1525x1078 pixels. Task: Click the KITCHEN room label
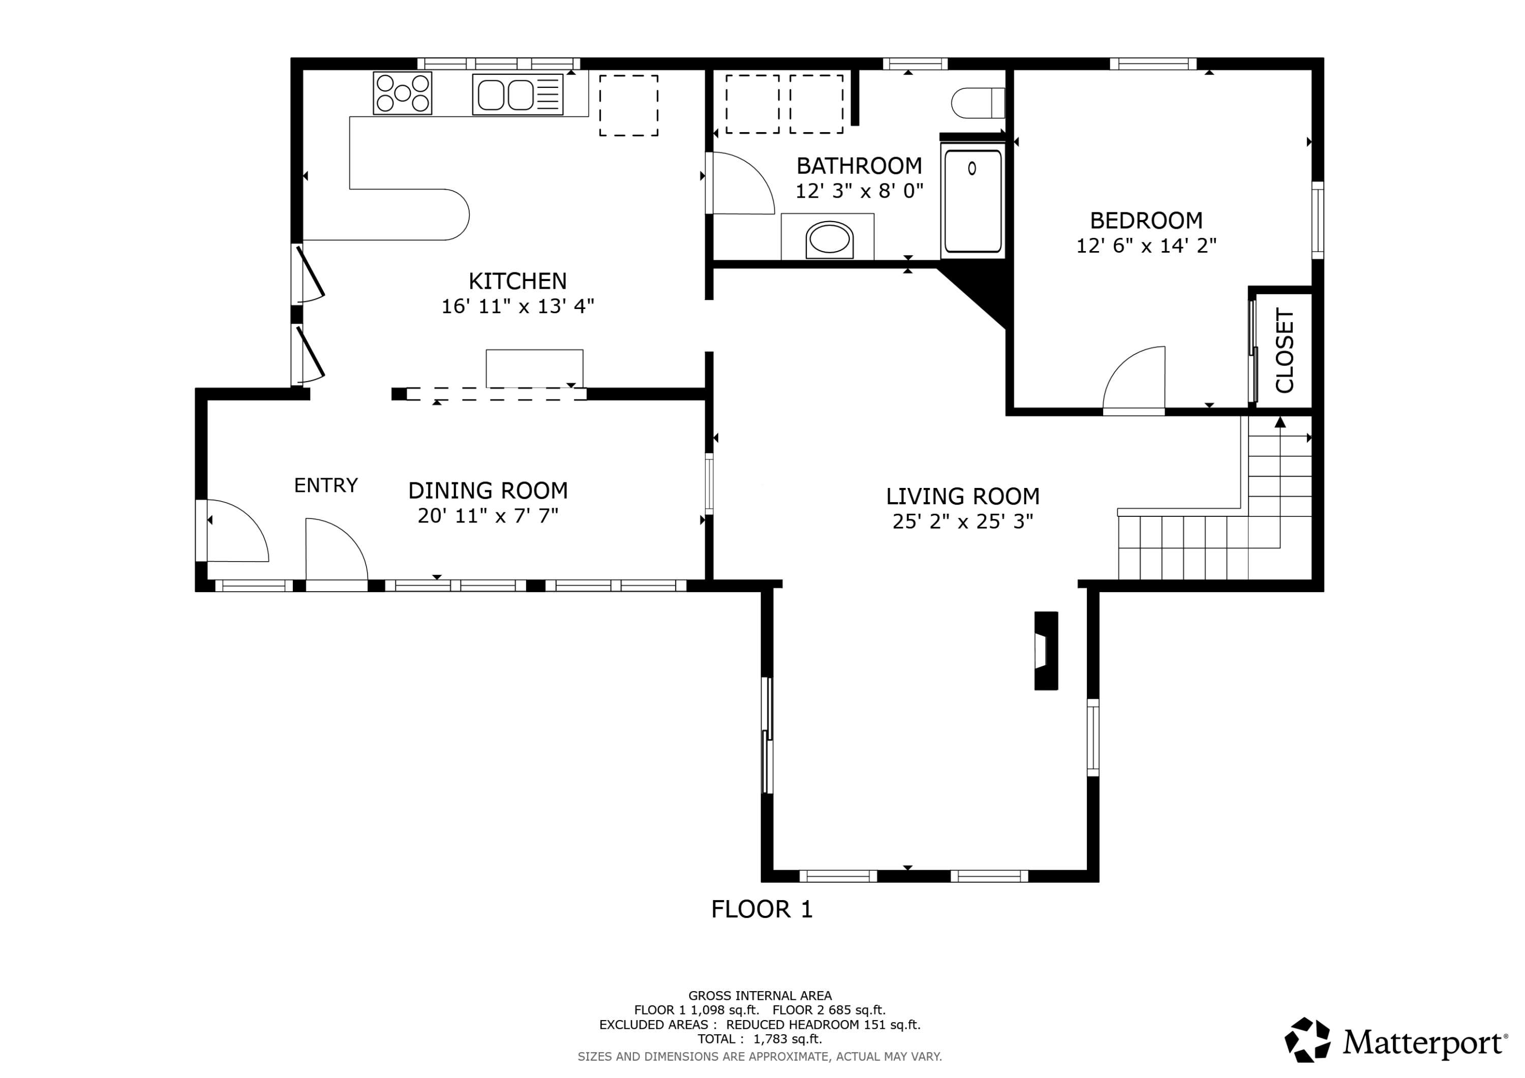point(517,281)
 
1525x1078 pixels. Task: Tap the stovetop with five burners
point(403,93)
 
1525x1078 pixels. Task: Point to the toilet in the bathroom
point(978,103)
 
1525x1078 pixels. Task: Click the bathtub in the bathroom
point(973,201)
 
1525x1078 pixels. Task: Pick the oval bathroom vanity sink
point(830,240)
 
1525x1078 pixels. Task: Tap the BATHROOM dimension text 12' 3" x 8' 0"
point(860,191)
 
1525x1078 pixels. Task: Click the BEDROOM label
point(1146,220)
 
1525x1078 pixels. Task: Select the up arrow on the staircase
point(1280,422)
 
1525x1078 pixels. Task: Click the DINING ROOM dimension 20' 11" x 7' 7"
point(488,516)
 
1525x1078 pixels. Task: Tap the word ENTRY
point(326,485)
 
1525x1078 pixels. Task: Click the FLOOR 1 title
point(762,909)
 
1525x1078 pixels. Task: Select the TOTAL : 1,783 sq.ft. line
point(760,1039)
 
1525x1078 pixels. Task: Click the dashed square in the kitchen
point(629,106)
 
